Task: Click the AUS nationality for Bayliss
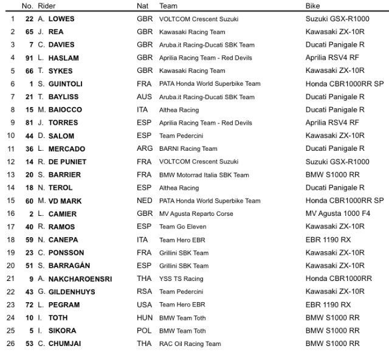click(x=145, y=97)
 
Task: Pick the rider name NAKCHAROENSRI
click(x=80, y=279)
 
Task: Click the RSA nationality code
click(x=145, y=292)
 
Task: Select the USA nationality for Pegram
click(x=145, y=305)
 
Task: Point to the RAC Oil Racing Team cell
click(x=190, y=344)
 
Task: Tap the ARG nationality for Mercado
click(x=145, y=149)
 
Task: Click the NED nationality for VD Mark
click(x=145, y=201)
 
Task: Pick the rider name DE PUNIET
click(x=67, y=162)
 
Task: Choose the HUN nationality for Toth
click(x=145, y=317)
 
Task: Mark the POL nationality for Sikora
click(x=145, y=331)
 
